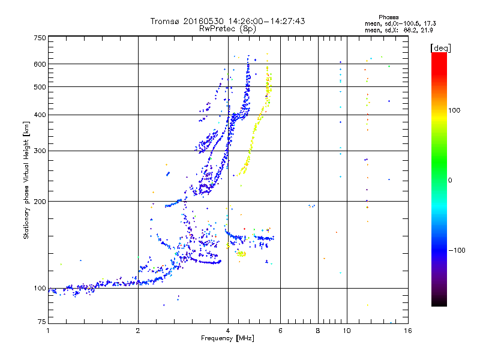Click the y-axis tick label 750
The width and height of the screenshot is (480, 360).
(40, 38)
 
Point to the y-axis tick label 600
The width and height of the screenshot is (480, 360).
(40, 64)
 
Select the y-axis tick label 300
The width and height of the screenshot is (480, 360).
(40, 151)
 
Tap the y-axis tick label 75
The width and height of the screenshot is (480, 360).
(41, 323)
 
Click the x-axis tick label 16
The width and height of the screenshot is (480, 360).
(407, 330)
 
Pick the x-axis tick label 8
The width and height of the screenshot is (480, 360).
(318, 330)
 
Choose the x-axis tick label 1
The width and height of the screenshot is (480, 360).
(48, 330)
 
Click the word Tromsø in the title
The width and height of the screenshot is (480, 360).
(166, 21)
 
